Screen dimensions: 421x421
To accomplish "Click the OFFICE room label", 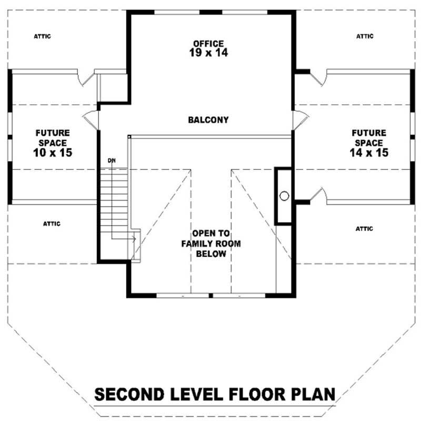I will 208,43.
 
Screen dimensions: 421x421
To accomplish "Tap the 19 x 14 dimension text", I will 208,53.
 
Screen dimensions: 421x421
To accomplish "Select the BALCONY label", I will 208,120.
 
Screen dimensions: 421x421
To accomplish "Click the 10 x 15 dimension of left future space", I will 52,153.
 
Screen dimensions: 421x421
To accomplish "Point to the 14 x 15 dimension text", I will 368,153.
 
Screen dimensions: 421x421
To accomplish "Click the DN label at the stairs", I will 111,160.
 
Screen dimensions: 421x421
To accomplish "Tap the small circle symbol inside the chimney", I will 284,196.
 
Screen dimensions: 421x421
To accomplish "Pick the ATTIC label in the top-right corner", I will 365,36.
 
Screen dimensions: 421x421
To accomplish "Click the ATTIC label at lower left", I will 52,224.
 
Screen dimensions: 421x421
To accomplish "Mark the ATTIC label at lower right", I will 364,229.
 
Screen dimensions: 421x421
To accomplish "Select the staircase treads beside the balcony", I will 119,200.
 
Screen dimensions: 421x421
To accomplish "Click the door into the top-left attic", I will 85,78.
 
